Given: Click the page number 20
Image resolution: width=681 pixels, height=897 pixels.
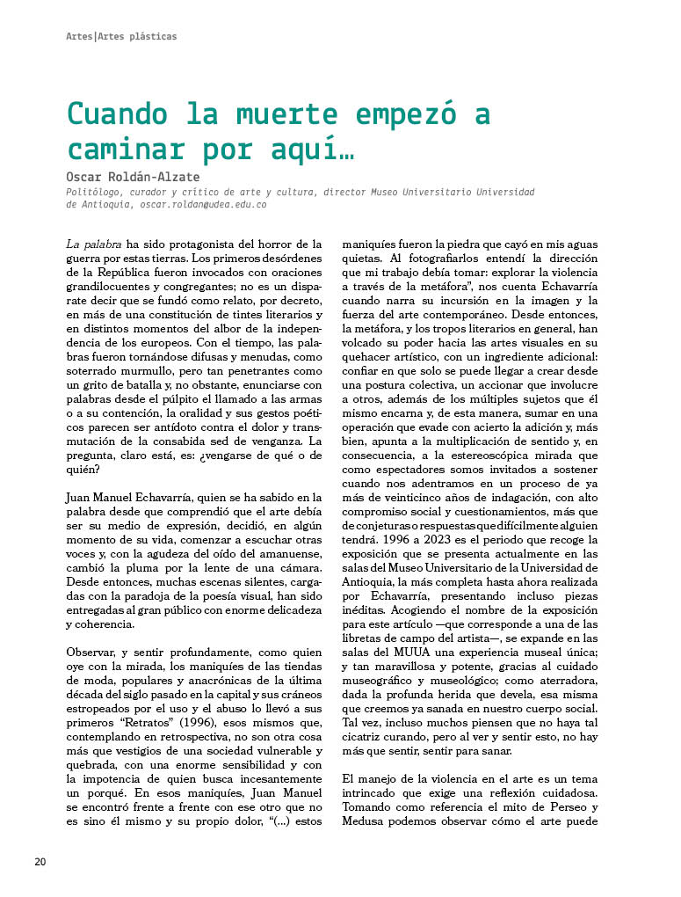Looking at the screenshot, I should [x=40, y=861].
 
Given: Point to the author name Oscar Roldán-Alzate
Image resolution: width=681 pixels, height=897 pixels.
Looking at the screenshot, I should [x=133, y=177].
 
